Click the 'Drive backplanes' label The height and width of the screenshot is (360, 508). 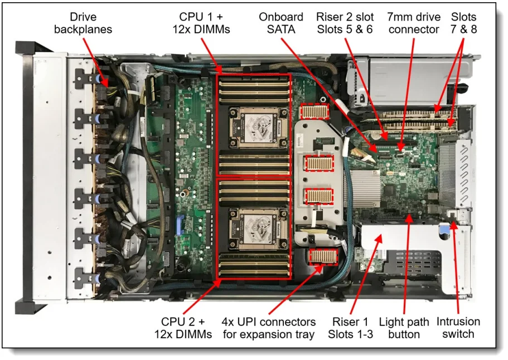click(83, 23)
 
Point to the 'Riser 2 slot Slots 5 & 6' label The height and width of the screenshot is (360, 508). click(345, 23)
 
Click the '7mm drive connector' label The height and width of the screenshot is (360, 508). click(414, 23)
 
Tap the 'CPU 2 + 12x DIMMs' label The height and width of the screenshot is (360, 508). click(183, 328)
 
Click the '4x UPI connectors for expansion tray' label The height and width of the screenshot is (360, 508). click(269, 328)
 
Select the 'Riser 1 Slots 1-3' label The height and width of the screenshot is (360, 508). click(350, 328)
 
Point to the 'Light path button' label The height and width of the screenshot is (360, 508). click(404, 328)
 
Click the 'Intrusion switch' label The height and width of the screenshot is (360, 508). click(458, 328)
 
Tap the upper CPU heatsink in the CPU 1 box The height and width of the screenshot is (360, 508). click(254, 121)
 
